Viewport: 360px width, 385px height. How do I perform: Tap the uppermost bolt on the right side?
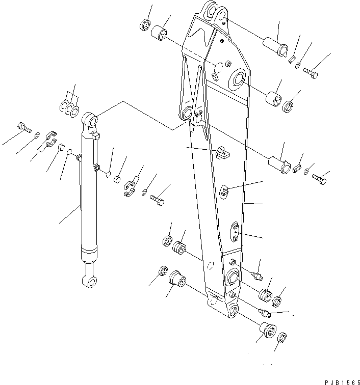[x=312, y=74]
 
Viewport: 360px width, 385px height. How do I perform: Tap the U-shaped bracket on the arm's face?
[x=222, y=152]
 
